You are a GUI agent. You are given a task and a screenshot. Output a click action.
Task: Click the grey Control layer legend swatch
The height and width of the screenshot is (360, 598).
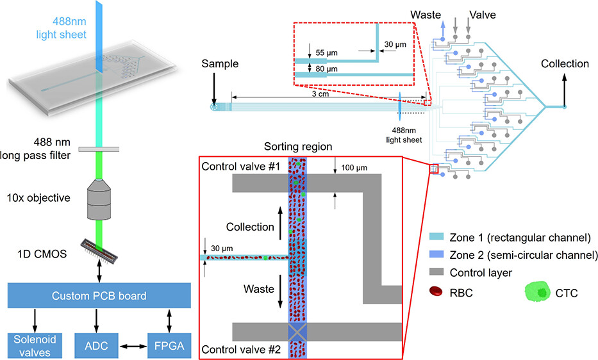[436, 273]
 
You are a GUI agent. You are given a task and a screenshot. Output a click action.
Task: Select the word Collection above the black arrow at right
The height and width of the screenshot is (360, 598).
[564, 64]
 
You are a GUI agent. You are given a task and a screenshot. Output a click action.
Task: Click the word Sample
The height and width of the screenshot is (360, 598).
[220, 64]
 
